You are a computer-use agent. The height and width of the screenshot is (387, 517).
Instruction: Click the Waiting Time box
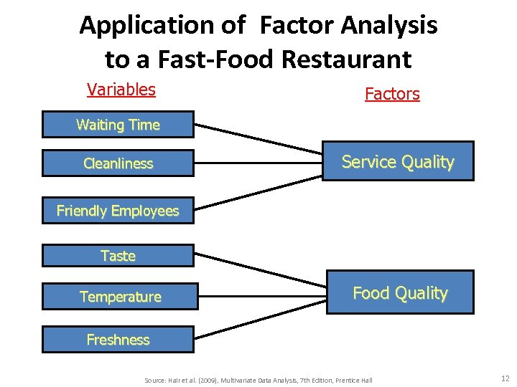(118, 125)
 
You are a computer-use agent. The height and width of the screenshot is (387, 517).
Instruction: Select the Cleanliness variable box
(118, 163)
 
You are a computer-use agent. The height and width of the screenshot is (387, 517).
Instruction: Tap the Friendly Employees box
(118, 211)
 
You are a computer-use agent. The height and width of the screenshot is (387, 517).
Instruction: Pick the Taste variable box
(118, 256)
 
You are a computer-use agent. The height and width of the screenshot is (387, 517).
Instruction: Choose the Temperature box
(120, 297)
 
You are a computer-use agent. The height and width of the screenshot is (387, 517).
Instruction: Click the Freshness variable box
(118, 340)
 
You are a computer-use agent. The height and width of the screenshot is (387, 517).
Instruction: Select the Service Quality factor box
(398, 162)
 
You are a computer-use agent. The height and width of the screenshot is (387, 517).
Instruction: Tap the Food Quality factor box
(400, 293)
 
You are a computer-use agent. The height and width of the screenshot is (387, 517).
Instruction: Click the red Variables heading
(121, 90)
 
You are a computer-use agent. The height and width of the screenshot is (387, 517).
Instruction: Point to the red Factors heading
(392, 94)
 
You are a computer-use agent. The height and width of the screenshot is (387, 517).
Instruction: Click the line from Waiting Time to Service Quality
(258, 139)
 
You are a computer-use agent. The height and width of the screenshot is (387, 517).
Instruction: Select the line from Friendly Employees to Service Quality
(258, 190)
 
